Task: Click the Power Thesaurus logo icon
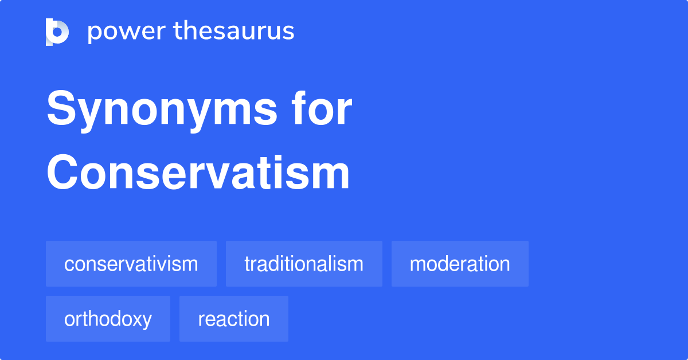click(x=57, y=32)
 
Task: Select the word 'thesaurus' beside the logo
click(x=234, y=32)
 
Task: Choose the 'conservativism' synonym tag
click(x=131, y=264)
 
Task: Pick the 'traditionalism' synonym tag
click(x=304, y=264)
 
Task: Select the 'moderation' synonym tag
click(x=460, y=264)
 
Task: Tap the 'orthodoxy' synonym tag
click(x=108, y=319)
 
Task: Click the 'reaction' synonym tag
click(x=234, y=319)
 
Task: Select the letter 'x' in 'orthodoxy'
click(x=138, y=320)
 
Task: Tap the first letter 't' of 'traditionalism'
click(x=247, y=264)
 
